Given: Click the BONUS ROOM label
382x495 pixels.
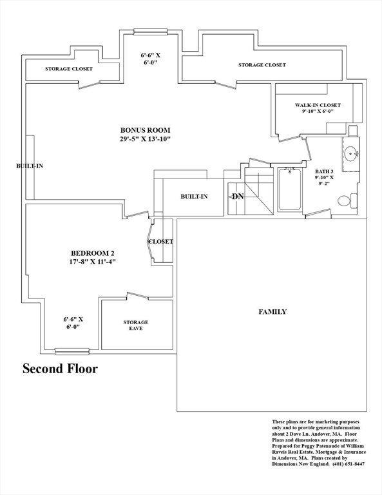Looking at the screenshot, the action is [145, 130].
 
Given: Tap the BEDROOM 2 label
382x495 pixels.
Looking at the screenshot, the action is [92, 253].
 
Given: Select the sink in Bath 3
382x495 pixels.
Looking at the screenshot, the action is [351, 154].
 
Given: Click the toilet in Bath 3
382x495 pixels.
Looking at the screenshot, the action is [347, 201].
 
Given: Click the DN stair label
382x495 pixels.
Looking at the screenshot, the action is [238, 197].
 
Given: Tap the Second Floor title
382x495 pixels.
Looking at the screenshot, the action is [60, 369].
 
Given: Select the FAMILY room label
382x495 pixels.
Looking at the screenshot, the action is [272, 312].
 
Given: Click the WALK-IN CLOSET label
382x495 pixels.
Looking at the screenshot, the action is [318, 105].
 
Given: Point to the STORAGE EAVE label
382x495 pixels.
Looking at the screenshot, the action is [136, 325].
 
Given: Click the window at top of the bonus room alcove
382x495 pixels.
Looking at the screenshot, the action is [150, 32].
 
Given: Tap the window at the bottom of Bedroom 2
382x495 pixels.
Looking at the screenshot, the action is [72, 351].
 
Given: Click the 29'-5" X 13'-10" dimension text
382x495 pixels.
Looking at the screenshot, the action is [145, 139].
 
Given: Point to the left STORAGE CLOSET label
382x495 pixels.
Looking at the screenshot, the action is [69, 69].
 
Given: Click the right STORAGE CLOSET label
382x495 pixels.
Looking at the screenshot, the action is [262, 65].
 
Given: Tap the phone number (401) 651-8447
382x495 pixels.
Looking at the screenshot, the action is [349, 464].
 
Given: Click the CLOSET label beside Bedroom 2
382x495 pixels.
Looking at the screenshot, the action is [161, 242].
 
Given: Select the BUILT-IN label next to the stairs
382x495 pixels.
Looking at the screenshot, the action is [194, 197].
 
